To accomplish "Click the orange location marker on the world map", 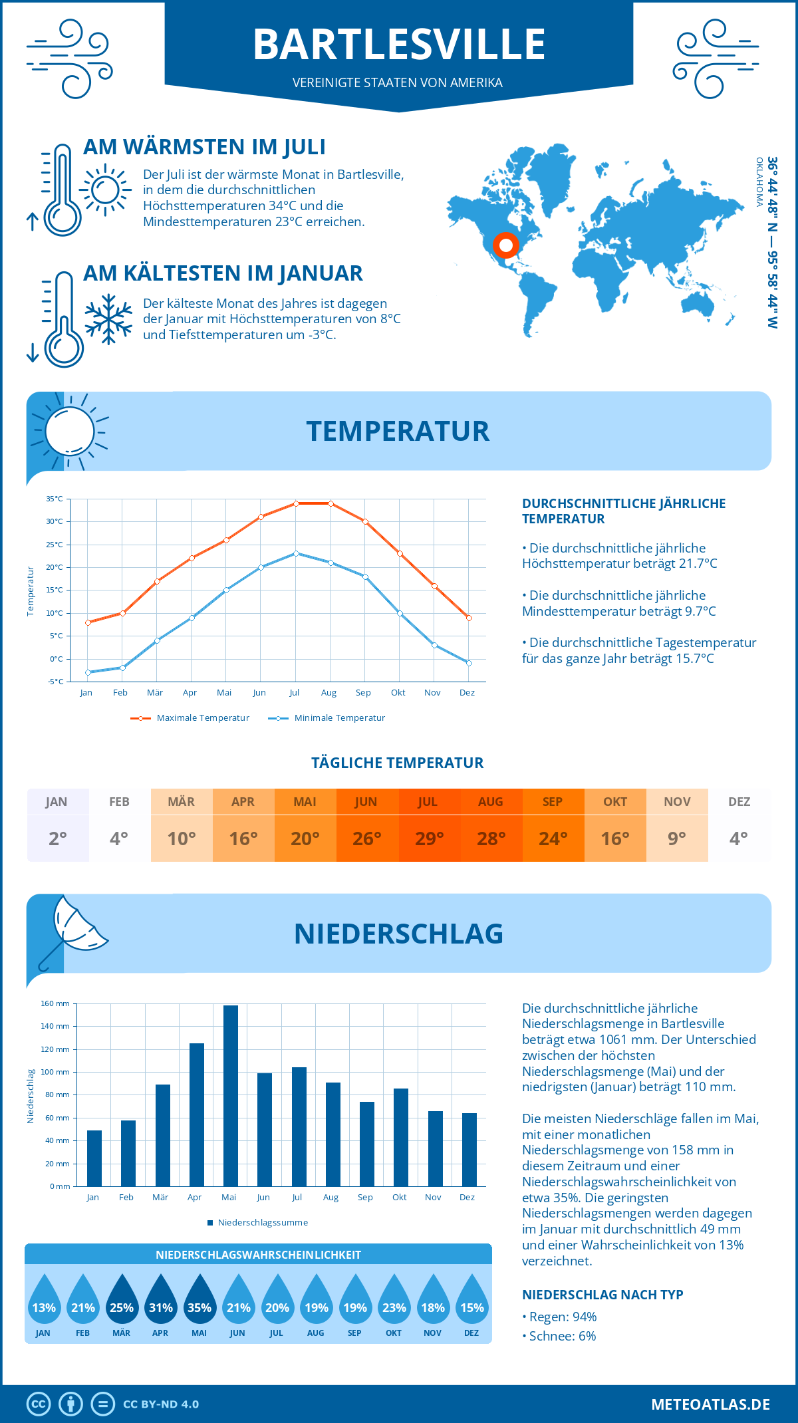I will click(506, 245).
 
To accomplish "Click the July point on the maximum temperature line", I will click(296, 503).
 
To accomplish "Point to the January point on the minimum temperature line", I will click(88, 672).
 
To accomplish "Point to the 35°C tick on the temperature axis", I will click(55, 499).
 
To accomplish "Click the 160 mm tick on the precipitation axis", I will click(55, 1003).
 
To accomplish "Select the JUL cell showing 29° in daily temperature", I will click(429, 825).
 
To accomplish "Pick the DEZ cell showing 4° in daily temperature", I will click(739, 825).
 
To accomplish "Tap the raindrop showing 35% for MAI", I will click(199, 1300).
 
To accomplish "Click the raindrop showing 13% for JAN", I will click(44, 1300).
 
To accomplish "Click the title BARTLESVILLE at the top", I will click(399, 45).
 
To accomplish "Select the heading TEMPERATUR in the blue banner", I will click(398, 431).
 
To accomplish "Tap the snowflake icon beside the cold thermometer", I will click(108, 319).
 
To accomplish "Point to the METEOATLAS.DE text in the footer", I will click(710, 1404).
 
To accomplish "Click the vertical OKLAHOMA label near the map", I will click(759, 182).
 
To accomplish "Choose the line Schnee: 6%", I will click(559, 1336).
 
